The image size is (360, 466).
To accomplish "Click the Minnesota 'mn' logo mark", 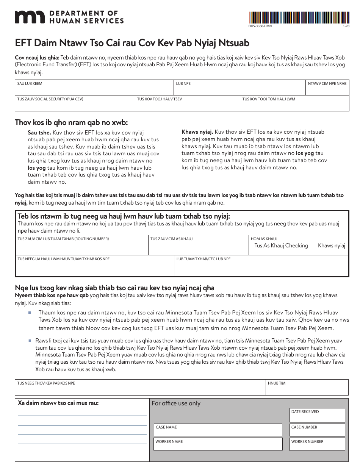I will (x=29, y=17).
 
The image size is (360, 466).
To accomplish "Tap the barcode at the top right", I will (x=299, y=17).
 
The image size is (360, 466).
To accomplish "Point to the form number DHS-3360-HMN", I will (x=260, y=26).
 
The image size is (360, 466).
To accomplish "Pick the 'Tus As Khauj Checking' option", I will (x=281, y=246).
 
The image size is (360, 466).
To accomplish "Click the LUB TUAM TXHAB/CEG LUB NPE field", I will (x=261, y=267).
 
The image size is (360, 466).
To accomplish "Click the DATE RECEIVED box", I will (x=317, y=416).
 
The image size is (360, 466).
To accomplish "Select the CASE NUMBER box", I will (x=317, y=430).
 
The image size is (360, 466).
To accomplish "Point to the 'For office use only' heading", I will (x=176, y=403).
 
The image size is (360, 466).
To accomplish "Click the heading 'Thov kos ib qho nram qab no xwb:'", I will (x=71, y=122).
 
